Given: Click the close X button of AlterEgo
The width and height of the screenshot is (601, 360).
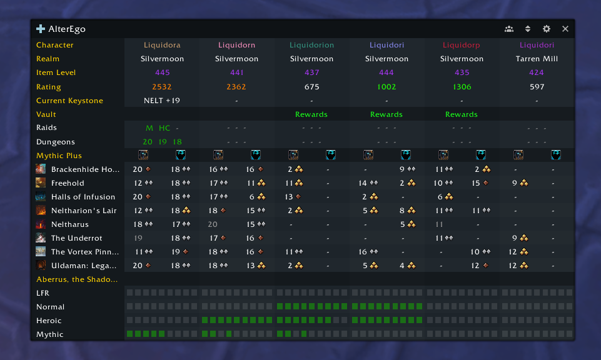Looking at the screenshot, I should pyautogui.click(x=565, y=29).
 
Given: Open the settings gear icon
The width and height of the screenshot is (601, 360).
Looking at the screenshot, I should pyautogui.click(x=547, y=29).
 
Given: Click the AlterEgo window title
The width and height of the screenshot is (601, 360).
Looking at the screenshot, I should pyautogui.click(x=67, y=29).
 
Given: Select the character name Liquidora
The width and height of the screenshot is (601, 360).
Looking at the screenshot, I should pyautogui.click(x=162, y=45).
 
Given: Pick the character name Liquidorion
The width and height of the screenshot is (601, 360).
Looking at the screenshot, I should pyautogui.click(x=311, y=45).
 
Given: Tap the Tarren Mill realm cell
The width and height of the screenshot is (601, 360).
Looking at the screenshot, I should pyautogui.click(x=537, y=59).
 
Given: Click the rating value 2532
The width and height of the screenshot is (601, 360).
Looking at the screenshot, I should pyautogui.click(x=162, y=87).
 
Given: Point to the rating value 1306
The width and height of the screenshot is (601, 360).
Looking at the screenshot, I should pyautogui.click(x=462, y=87).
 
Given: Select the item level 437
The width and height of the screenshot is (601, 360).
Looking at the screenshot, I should pyautogui.click(x=311, y=72).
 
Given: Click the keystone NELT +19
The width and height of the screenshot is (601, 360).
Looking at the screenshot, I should pyautogui.click(x=162, y=101).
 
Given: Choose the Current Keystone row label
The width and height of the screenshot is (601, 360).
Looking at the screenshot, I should pyautogui.click(x=69, y=101).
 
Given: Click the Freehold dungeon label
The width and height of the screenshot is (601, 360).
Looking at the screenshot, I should pyautogui.click(x=68, y=183).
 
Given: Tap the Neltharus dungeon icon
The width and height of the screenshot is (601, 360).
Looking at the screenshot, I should pyautogui.click(x=41, y=224).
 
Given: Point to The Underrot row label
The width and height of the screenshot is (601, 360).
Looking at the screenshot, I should pyautogui.click(x=76, y=238).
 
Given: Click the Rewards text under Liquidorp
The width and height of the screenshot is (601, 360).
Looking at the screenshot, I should pyautogui.click(x=462, y=114).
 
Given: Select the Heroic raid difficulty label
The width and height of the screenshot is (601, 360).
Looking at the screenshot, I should pyautogui.click(x=49, y=321).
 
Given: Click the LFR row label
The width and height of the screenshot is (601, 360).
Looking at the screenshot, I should pyautogui.click(x=43, y=293).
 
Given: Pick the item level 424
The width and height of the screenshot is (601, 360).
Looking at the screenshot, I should pyautogui.click(x=537, y=72).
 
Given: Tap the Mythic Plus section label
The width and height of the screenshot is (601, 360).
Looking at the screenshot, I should pyautogui.click(x=59, y=156).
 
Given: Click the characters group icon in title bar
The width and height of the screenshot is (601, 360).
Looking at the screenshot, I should pyautogui.click(x=509, y=29).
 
